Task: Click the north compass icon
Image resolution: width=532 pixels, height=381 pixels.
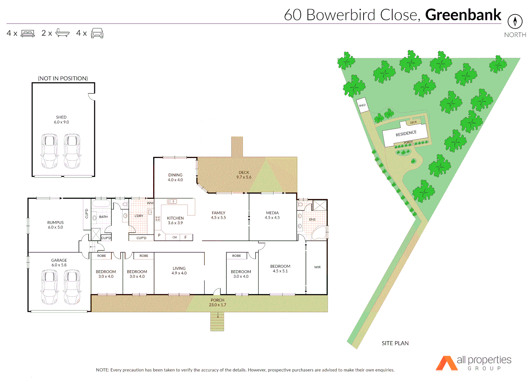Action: click(x=515, y=22)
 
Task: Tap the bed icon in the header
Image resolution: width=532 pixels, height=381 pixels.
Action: click(x=28, y=34)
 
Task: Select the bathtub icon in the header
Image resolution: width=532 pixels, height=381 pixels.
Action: click(x=62, y=33)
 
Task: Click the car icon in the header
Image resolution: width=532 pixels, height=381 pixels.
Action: click(x=97, y=33)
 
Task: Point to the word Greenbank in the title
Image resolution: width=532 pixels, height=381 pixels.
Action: click(x=463, y=15)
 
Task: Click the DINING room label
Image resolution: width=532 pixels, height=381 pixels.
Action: click(x=175, y=177)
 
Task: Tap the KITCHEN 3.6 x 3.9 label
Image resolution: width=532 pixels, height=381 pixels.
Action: click(x=175, y=220)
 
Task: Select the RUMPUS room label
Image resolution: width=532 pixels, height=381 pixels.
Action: click(x=55, y=225)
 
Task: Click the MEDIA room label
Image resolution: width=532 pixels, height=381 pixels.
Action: click(x=272, y=215)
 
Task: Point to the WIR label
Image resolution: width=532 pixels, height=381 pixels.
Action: click(x=317, y=267)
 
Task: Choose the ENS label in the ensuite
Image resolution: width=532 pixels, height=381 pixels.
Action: click(x=312, y=219)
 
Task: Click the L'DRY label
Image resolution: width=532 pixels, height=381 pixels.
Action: click(x=139, y=216)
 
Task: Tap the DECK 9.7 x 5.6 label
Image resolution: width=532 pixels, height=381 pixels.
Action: click(x=244, y=175)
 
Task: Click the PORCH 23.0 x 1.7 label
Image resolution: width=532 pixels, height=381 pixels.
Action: click(x=217, y=302)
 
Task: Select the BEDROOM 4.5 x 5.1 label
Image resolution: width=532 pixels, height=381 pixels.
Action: click(x=280, y=268)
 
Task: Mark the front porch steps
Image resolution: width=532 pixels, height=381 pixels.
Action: click(x=217, y=321)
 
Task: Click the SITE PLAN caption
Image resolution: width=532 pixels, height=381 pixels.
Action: click(x=395, y=343)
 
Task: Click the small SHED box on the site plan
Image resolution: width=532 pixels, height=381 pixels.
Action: click(x=363, y=105)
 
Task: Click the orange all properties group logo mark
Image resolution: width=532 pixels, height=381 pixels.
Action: click(x=446, y=363)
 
